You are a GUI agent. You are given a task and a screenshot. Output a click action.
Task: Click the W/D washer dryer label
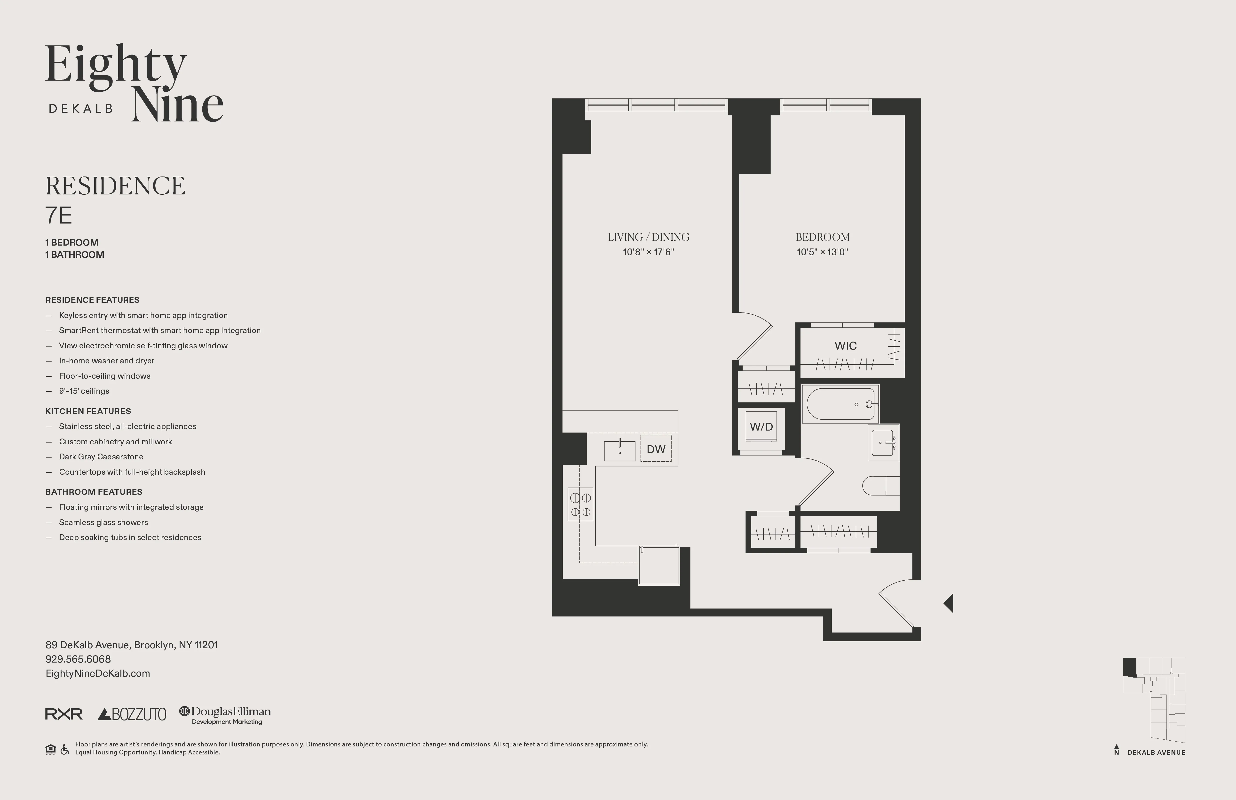[x=761, y=427]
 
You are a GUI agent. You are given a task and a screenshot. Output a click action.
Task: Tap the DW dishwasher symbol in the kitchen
[x=656, y=449]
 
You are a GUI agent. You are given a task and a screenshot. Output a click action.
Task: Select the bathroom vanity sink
[x=883, y=443]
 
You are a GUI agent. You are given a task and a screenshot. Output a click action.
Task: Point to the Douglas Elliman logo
[x=225, y=714]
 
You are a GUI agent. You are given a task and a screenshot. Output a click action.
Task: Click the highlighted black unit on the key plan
[x=1130, y=666]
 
